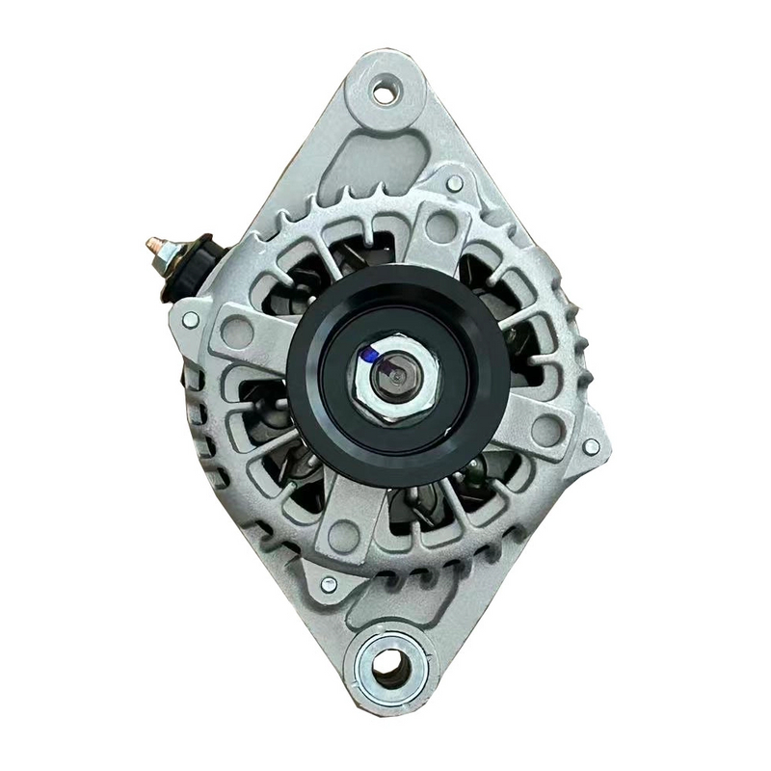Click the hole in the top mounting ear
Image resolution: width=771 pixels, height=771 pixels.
(385, 93)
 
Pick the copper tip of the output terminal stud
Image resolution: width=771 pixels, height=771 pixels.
(152, 246)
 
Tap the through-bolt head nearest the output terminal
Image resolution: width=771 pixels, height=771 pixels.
(191, 319)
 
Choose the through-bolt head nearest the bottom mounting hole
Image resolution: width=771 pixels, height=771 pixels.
(329, 584)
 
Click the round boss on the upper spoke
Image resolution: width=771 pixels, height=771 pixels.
(441, 226)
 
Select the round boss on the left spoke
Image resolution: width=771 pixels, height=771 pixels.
(236, 332)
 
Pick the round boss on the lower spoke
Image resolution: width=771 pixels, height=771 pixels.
(343, 536)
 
